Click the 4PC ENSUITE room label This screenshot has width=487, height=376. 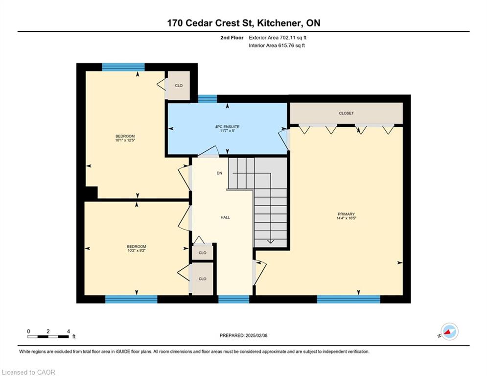tap(228, 127)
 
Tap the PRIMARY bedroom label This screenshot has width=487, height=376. tap(347, 214)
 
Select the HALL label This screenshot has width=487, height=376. tap(225, 217)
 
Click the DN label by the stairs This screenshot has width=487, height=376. tap(220, 173)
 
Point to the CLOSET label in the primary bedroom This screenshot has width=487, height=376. tap(347, 114)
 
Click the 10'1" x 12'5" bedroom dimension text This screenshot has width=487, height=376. tap(125, 140)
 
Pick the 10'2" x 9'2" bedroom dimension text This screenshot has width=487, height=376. tap(137, 251)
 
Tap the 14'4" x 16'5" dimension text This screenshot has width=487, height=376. tap(347, 218)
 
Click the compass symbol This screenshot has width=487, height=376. tap(449, 331)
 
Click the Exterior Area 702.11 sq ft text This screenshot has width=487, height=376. tap(278, 38)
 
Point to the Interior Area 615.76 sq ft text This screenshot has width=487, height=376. tap(277, 46)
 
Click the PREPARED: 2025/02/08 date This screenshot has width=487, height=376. tap(244, 335)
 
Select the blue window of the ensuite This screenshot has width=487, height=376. tap(208, 98)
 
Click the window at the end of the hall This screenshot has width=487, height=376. tap(234, 299)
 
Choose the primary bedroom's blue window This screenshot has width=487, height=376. tap(348, 299)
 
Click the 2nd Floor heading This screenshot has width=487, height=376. tap(232, 38)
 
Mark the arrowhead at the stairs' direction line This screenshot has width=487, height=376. tap(271, 241)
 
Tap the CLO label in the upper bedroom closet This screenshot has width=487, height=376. tap(179, 86)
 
